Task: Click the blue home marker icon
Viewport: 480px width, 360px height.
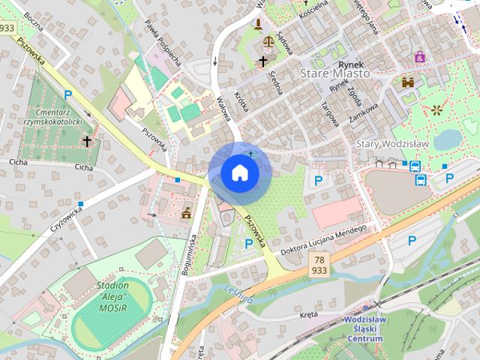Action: click(x=240, y=172)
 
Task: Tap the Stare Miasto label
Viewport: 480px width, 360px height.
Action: click(x=334, y=74)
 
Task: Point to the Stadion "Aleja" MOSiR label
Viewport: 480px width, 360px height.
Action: click(x=113, y=296)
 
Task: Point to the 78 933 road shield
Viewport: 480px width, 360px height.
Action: click(x=319, y=264)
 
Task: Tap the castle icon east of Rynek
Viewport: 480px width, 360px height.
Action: click(x=408, y=82)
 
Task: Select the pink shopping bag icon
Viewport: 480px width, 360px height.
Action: click(x=419, y=56)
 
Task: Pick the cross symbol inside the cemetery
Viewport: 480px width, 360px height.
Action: click(x=87, y=140)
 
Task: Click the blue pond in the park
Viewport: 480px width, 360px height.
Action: click(x=448, y=139)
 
